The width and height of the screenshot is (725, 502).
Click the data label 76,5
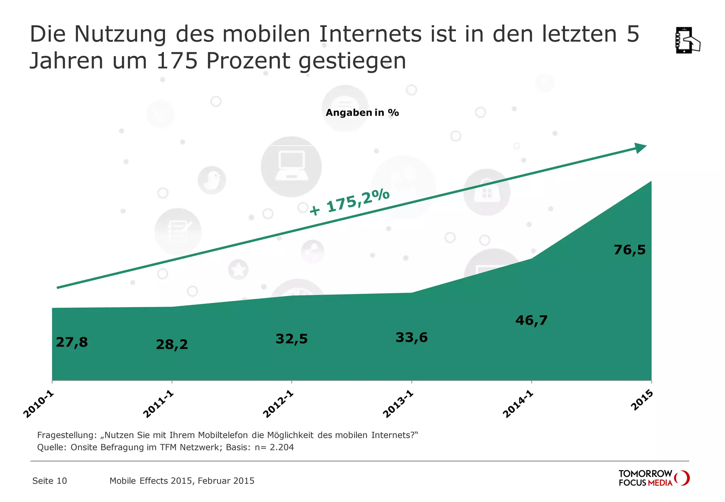pos(629,250)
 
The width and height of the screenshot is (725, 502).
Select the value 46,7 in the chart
pos(531,320)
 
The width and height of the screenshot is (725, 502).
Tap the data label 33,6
pos(411,337)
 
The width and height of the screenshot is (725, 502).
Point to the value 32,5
pos(292,339)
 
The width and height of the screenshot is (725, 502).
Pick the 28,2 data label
pos(172,344)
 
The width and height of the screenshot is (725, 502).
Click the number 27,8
pos(72,342)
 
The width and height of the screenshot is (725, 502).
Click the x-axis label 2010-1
pos(38,404)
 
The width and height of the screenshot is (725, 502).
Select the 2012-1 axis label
pos(278,404)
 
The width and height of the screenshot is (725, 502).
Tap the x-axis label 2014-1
pos(518,404)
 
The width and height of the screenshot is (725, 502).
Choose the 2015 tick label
pos(642,400)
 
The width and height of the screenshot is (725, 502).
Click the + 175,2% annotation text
pos(349,202)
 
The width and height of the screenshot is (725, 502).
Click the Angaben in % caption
pos(362,113)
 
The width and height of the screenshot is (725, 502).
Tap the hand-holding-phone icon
pos(687,40)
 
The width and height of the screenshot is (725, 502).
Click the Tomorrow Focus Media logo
pos(653,478)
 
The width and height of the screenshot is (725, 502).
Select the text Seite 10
pos(50,481)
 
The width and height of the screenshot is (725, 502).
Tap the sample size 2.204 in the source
pos(282,447)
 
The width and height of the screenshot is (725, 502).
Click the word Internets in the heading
pos(370,34)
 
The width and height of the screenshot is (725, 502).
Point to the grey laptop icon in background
pos(291,166)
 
